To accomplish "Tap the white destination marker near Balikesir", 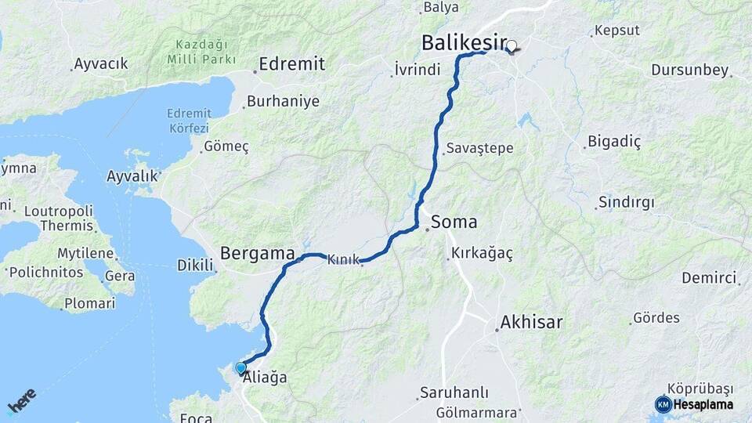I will point(512,46).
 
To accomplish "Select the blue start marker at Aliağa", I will point(240,367).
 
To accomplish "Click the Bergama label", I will point(257,253).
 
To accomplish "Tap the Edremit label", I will point(291,64).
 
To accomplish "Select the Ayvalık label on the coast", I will point(132,176).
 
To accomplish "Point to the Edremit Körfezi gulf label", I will point(188,121).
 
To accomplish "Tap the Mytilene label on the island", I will point(86,254).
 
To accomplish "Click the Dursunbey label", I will point(689,70).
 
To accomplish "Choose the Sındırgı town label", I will point(626,202).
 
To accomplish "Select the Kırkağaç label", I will point(482,254).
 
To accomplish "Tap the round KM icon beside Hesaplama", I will point(663,404).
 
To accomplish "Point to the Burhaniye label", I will point(283,101).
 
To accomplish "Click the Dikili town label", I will point(196,266).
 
